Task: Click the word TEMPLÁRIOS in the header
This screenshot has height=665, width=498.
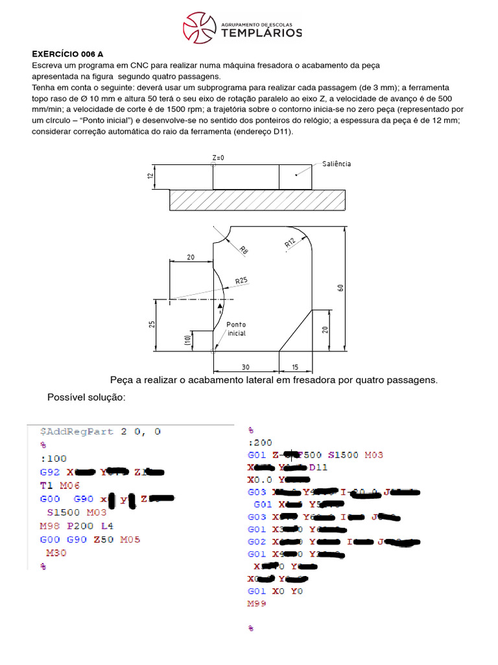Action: tap(262, 32)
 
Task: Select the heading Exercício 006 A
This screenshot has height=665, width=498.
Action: tap(68, 54)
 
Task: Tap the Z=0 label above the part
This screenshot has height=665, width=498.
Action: tap(218, 158)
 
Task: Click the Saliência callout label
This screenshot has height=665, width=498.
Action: tap(337, 164)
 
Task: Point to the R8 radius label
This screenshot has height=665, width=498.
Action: tap(243, 250)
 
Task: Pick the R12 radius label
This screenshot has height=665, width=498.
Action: tap(289, 243)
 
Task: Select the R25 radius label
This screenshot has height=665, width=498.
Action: tap(241, 281)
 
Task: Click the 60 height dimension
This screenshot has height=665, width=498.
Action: tap(340, 288)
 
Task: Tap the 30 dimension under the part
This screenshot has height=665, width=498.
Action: tap(246, 368)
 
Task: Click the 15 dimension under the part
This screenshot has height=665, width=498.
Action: tap(295, 368)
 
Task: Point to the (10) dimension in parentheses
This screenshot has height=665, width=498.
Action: tap(187, 340)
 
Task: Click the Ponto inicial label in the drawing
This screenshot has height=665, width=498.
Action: tap(236, 329)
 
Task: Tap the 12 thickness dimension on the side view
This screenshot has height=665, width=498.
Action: tap(150, 176)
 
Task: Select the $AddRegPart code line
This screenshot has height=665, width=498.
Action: tap(100, 431)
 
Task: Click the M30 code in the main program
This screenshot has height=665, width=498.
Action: tap(56, 553)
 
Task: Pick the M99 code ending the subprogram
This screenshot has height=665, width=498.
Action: tap(257, 603)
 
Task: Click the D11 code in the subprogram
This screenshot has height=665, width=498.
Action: tap(318, 467)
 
